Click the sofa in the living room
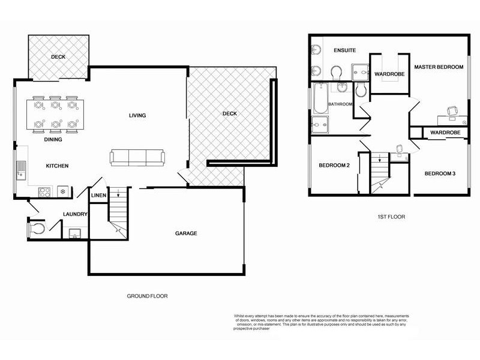click(x=137, y=158)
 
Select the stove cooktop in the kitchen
click(x=44, y=192)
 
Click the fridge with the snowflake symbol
click(x=63, y=192)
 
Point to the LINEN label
click(x=98, y=196)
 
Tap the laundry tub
click(x=76, y=233)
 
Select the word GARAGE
click(x=186, y=233)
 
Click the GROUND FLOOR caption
click(x=147, y=296)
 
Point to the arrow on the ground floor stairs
click(x=119, y=193)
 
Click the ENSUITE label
click(x=345, y=51)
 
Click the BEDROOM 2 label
click(x=334, y=166)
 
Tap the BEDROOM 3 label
click(x=440, y=173)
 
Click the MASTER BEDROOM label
click(x=439, y=67)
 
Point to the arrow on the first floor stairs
click(x=379, y=158)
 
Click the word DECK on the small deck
click(x=58, y=57)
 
